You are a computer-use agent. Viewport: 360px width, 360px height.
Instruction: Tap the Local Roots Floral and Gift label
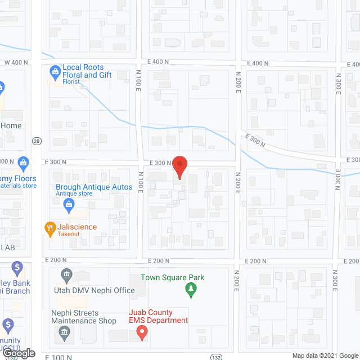[x=87, y=71]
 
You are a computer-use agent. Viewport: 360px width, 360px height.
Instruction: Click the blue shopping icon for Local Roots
[x=55, y=71]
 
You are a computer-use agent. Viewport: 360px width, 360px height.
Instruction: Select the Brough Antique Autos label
[x=94, y=187]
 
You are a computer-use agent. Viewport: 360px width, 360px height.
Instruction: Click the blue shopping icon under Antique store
[x=69, y=206]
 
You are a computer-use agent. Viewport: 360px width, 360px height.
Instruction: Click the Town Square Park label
[x=172, y=277]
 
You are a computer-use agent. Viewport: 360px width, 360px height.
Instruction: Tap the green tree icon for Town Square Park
[x=191, y=290]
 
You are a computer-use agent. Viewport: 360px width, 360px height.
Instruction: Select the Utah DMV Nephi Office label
[x=94, y=290]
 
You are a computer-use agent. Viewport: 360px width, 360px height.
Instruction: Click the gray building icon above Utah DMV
[x=66, y=276]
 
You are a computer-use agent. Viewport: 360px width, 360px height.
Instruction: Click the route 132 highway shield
[x=216, y=357]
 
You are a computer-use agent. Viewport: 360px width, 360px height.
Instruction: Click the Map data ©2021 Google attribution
[x=325, y=355]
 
